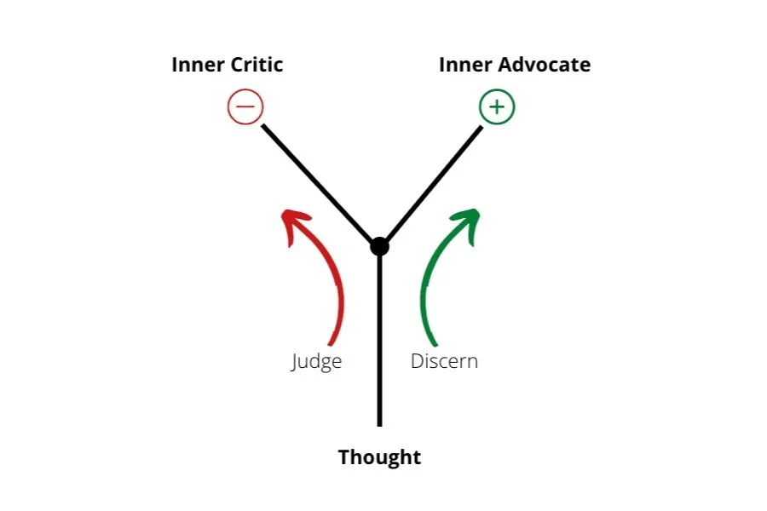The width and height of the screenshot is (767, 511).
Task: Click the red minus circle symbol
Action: (x=245, y=107)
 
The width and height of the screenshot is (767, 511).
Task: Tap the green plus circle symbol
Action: (x=497, y=107)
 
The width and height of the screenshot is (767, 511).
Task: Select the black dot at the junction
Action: (x=379, y=247)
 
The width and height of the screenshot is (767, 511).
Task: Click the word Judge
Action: (x=316, y=361)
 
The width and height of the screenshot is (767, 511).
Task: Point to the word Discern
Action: (x=444, y=361)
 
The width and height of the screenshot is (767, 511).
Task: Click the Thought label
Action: (x=379, y=457)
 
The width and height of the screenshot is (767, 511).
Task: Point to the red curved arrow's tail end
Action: (x=330, y=342)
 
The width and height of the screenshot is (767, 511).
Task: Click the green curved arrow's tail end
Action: (x=432, y=342)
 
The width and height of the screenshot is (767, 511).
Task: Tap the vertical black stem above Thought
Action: (x=379, y=341)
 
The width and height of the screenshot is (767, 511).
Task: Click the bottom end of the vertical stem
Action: (x=379, y=423)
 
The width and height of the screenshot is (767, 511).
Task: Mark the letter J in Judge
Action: (x=294, y=362)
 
